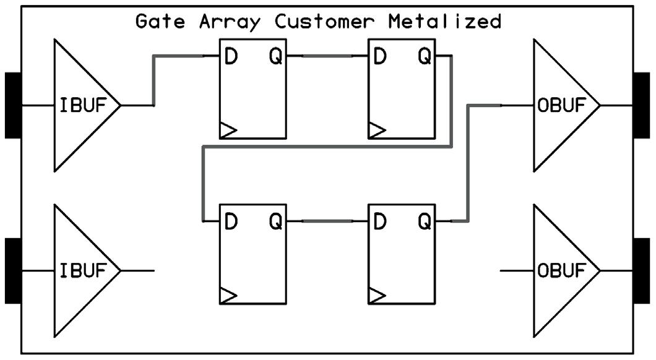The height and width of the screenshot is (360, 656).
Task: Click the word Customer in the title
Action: point(325,22)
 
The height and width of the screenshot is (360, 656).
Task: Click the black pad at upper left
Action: point(13,105)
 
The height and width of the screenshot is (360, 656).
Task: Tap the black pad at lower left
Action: point(13,271)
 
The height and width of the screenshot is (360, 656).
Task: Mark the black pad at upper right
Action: point(641,105)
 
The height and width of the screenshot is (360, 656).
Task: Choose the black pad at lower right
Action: point(641,271)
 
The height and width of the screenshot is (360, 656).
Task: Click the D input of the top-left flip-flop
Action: point(230,57)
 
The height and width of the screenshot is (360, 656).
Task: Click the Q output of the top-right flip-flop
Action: point(425,57)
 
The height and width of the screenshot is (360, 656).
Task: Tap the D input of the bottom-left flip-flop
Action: point(230,221)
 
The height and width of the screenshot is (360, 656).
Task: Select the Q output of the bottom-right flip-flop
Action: point(425,221)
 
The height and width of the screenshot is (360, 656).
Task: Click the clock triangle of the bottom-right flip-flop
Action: point(377,296)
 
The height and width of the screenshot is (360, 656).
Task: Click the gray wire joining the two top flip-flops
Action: point(327,56)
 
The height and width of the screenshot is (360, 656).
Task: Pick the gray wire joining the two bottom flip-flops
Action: point(327,221)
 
